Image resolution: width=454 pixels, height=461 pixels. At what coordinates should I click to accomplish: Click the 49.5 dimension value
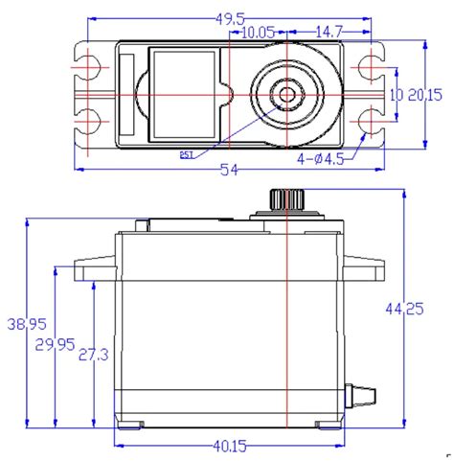click(x=229, y=18)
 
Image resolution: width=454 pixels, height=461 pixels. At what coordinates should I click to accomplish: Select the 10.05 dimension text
click(x=259, y=33)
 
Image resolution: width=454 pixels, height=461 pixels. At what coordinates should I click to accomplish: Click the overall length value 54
click(x=228, y=170)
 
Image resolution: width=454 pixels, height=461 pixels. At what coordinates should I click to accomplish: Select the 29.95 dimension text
click(x=61, y=344)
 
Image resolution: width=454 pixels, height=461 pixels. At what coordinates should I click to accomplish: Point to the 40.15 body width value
click(x=229, y=446)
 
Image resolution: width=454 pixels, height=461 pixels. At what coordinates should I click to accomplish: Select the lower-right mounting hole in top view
click(x=370, y=121)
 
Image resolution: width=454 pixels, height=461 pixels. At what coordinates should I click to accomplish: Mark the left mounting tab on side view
click(x=97, y=268)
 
